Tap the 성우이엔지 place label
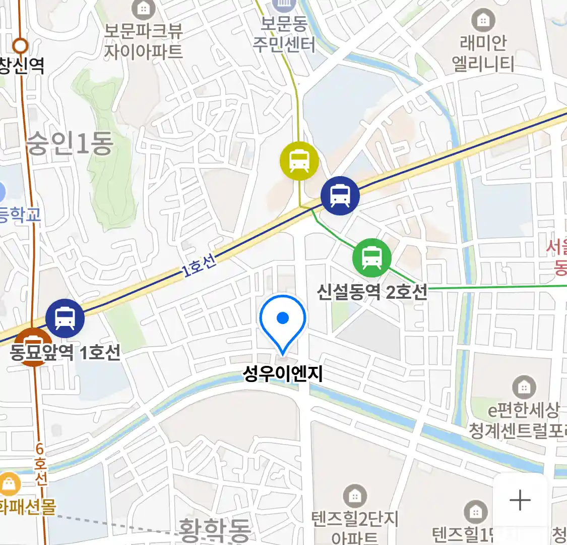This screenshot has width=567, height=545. (283, 374)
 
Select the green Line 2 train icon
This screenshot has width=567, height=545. (371, 258)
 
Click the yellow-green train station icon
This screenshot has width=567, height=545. (299, 161)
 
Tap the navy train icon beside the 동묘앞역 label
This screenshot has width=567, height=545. (65, 318)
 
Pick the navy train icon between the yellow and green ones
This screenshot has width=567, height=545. (340, 196)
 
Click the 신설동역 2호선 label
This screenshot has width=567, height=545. (372, 292)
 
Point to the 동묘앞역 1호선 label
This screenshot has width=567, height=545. (66, 352)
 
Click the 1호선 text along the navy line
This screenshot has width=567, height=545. (200, 265)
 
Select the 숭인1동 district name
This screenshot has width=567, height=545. (70, 144)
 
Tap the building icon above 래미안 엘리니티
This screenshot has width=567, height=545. (483, 21)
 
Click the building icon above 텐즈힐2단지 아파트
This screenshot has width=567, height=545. (355, 497)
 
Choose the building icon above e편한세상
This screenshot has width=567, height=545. (524, 388)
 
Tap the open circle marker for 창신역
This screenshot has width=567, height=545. (20, 46)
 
